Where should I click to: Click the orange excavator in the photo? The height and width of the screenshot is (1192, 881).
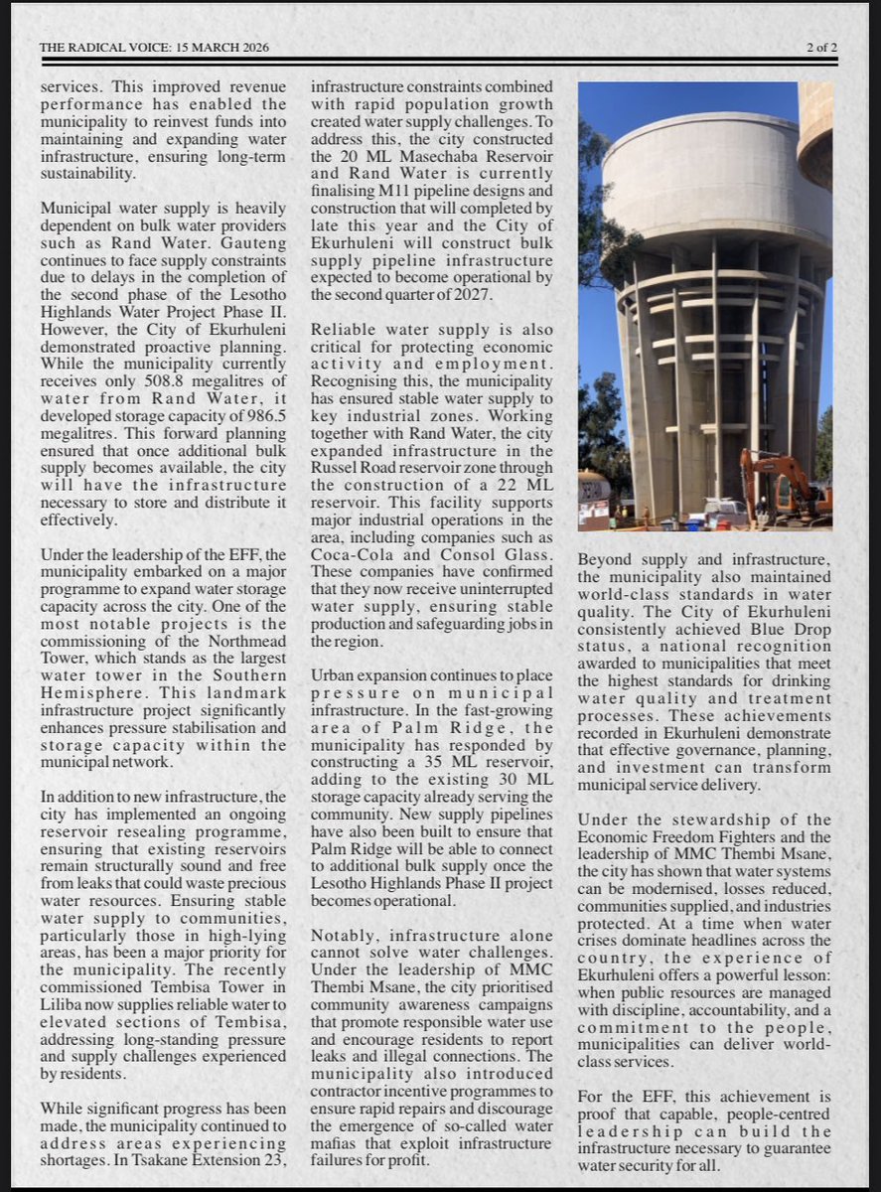785,487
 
